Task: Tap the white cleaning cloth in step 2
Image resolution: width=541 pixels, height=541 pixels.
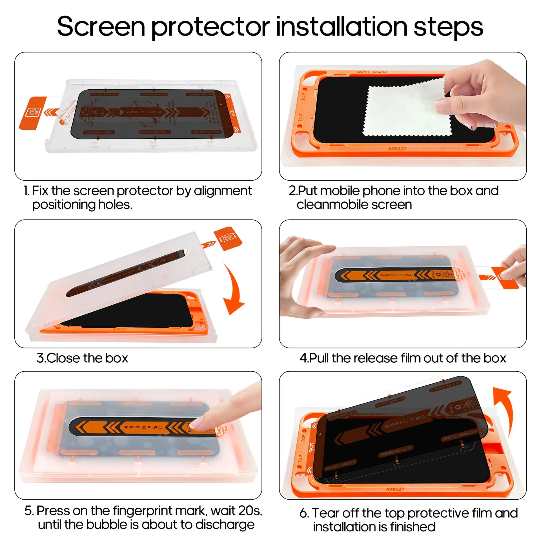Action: coord(403,110)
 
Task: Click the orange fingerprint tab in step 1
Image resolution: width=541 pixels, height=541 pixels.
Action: coord(32,113)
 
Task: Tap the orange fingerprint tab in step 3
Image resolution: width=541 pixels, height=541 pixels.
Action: coord(228,238)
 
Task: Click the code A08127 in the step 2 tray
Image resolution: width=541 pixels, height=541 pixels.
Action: coord(397,148)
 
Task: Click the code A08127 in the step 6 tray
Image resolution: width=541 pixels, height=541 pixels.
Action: coord(395,489)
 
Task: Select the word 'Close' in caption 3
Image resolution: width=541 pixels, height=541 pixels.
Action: coord(63,358)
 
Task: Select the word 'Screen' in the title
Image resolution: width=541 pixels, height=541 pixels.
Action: coord(101,27)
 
